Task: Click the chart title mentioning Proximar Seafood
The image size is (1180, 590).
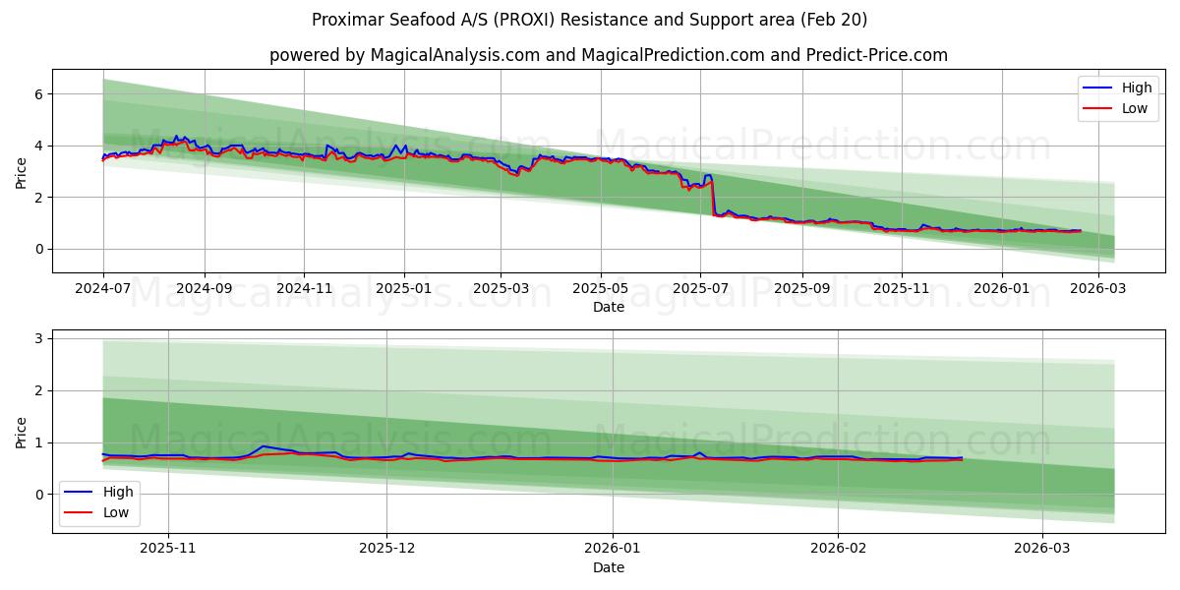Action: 589,20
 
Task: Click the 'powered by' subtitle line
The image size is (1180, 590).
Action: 609,55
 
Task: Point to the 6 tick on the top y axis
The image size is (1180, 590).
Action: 39,94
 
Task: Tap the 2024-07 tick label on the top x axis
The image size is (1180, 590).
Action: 103,288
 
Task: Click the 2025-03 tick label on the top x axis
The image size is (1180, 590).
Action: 501,288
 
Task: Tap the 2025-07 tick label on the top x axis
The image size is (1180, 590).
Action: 700,288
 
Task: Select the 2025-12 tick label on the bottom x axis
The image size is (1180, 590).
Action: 386,549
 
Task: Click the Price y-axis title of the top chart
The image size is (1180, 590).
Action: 21,173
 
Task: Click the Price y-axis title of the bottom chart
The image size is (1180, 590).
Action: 21,433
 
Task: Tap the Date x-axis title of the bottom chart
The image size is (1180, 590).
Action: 609,567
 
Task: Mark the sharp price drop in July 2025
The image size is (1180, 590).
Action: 712,197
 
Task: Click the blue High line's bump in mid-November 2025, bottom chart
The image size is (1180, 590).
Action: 264,446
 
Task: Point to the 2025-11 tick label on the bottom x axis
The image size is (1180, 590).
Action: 168,549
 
